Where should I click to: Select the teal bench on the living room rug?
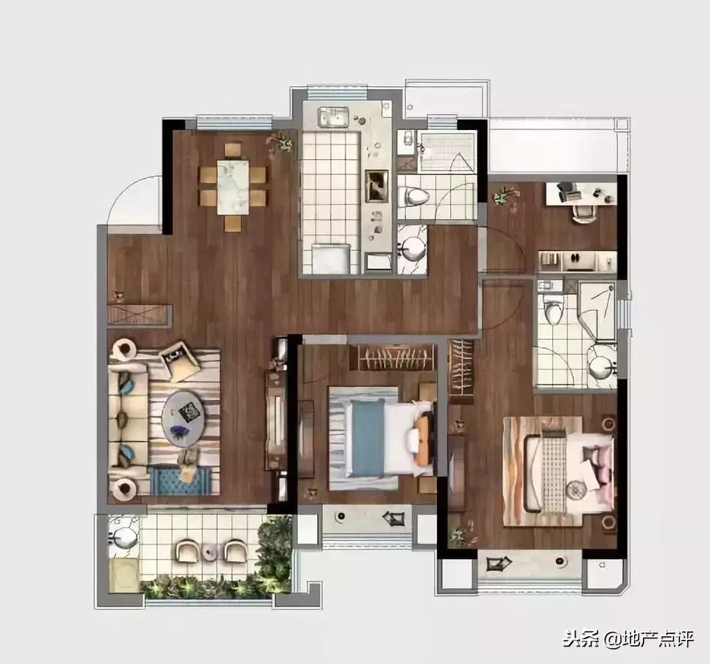tap(180, 480)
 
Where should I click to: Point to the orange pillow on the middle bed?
tap(422, 441)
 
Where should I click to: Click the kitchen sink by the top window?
tap(333, 117)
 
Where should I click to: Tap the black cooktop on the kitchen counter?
tap(377, 185)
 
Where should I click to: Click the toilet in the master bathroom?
tap(552, 312)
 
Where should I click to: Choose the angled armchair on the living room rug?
tap(180, 359)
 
